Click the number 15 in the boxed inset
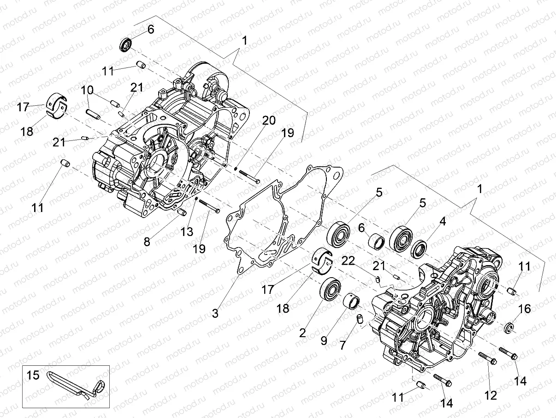pos(34,375)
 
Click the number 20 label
pos(269,121)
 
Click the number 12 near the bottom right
pos(491,395)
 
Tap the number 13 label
pos(187,232)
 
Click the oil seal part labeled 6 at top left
pos(126,44)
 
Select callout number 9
pos(324,341)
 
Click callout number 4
pos(442,221)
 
